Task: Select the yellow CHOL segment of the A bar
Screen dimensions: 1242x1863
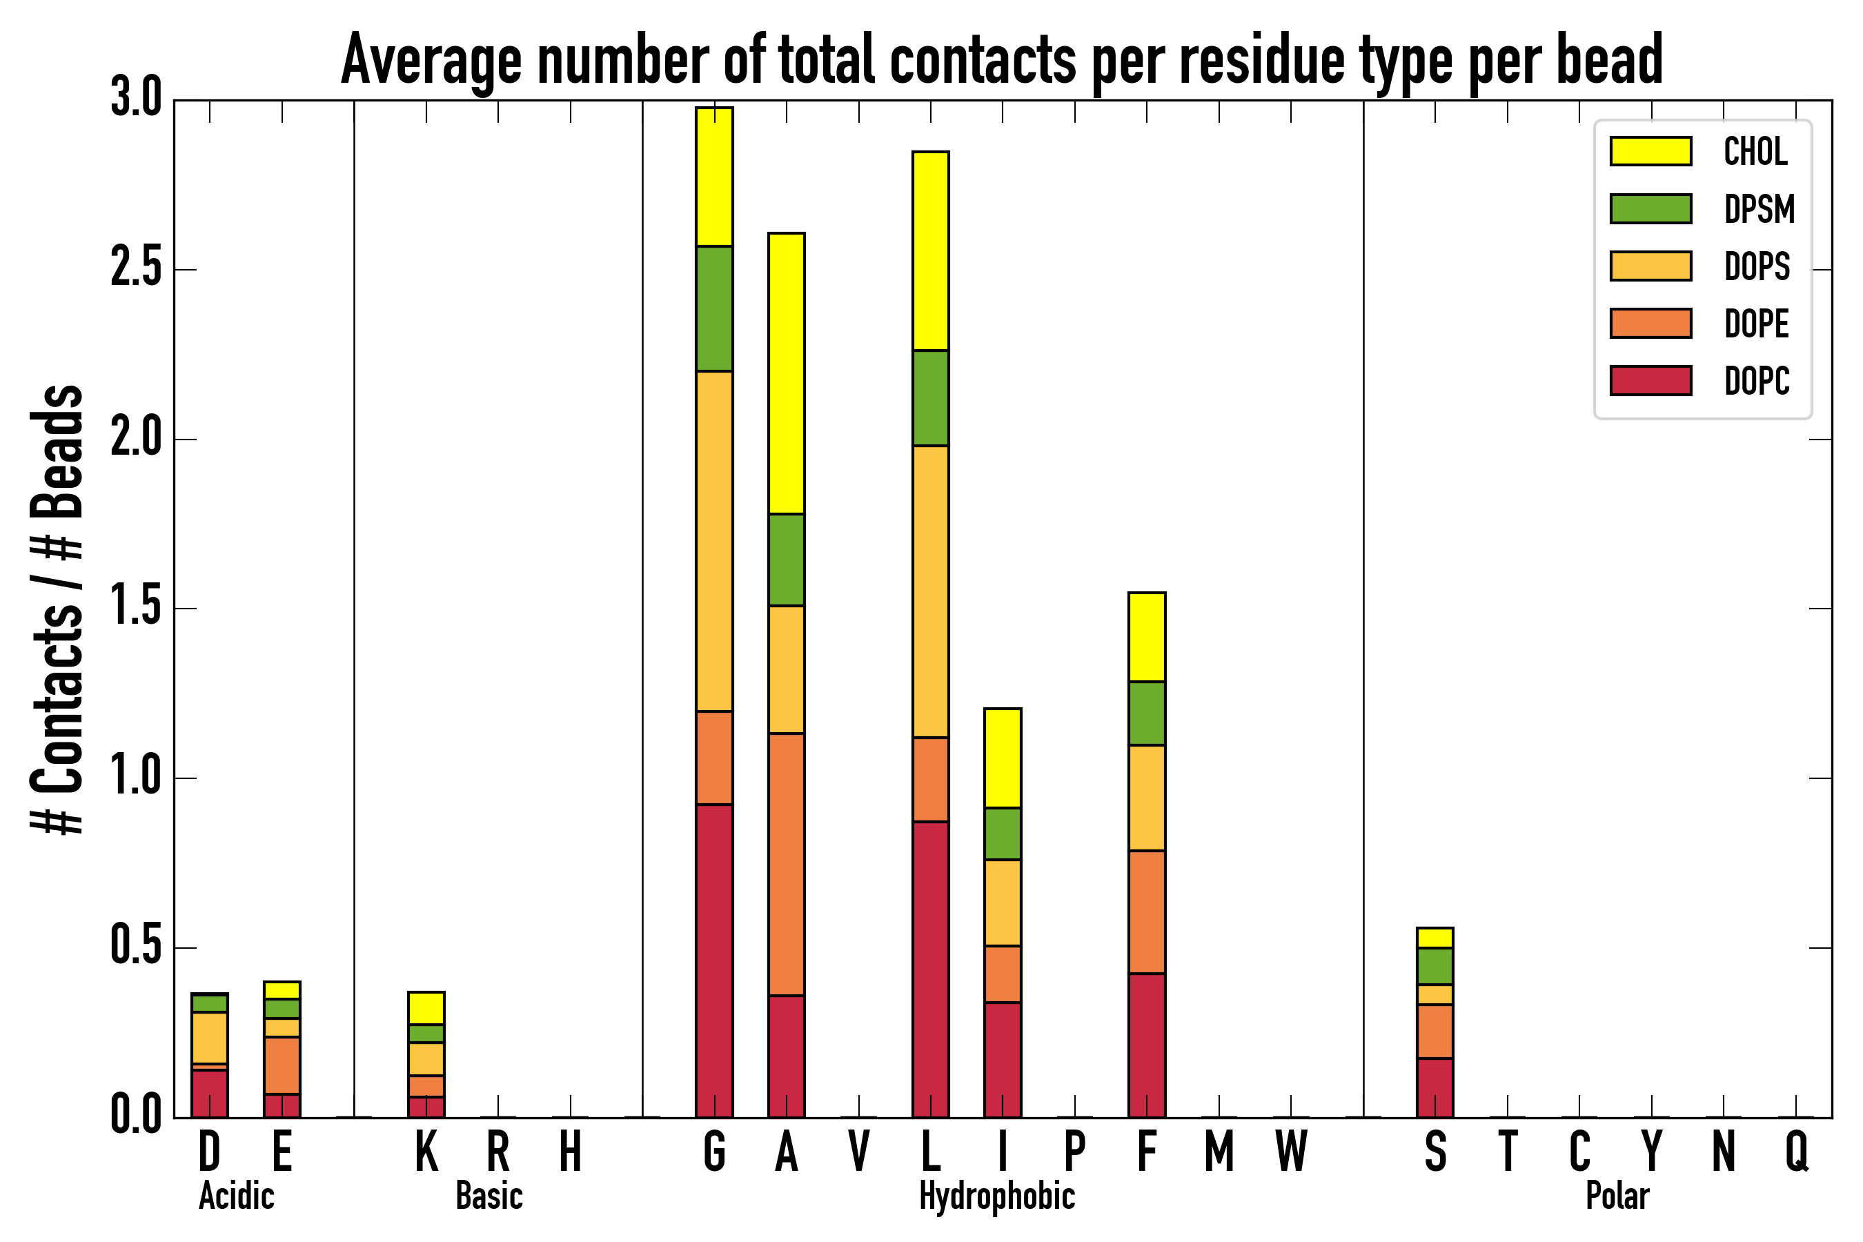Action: click(786, 373)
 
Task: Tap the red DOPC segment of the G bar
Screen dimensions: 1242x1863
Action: click(713, 960)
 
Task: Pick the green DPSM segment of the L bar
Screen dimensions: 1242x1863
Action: click(930, 397)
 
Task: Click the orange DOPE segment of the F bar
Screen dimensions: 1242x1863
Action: click(1146, 911)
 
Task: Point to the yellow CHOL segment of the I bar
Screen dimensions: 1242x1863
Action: click(1002, 758)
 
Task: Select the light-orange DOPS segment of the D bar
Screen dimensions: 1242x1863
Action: click(209, 1038)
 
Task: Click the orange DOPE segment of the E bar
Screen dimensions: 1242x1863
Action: click(282, 1065)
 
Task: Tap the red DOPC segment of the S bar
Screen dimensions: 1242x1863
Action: click(1435, 1087)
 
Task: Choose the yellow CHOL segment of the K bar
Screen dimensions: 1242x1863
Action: click(426, 1007)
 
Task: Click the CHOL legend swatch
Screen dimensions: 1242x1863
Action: click(1650, 150)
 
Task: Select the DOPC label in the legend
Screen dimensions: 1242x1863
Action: click(1757, 381)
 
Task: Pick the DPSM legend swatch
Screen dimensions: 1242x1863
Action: click(1650, 208)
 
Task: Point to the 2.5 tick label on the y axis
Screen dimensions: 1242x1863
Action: click(135, 269)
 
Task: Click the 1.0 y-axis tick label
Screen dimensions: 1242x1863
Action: click(135, 778)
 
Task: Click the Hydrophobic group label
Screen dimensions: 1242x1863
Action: click(996, 1196)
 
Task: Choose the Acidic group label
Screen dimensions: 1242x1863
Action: click(236, 1196)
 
